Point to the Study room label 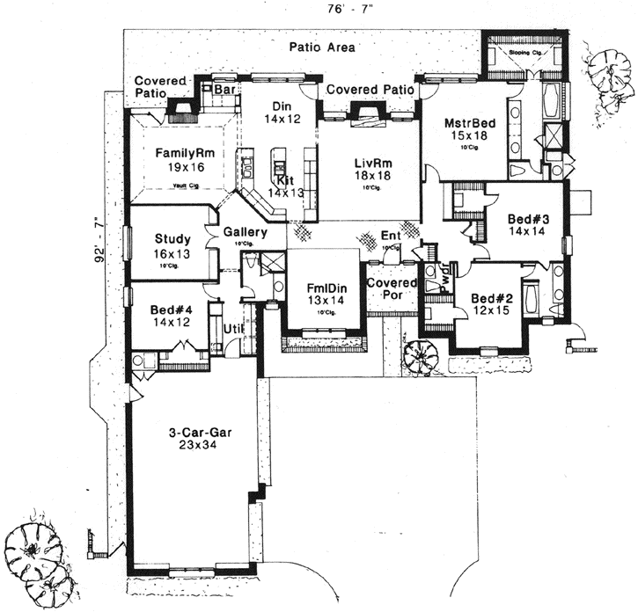coord(172,238)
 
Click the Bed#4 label coord(171,310)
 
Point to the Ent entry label coord(390,236)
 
